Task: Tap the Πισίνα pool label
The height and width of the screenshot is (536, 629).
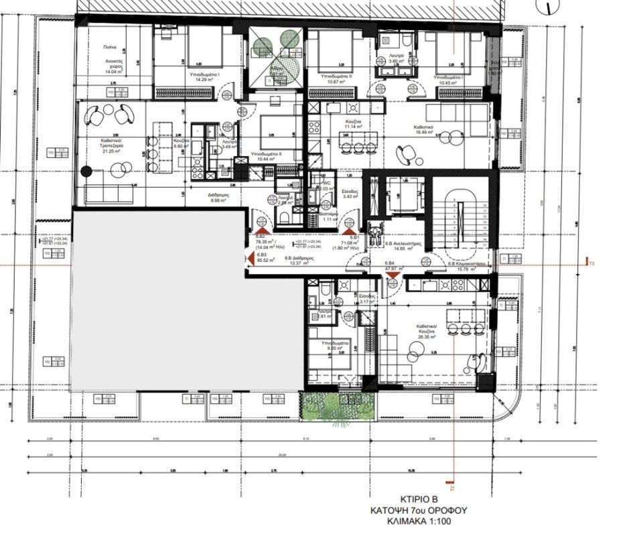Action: (x=111, y=48)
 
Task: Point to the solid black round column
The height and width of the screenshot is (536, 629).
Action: (x=85, y=171)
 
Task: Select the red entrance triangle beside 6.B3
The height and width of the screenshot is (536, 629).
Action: (x=248, y=256)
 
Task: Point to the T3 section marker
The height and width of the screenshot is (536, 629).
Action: (x=591, y=264)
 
